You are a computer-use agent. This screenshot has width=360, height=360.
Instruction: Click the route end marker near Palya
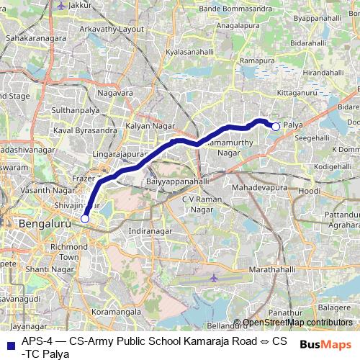(275, 127)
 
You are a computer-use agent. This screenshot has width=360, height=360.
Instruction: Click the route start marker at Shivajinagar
(85, 218)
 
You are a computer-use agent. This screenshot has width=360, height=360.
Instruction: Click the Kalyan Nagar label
(146, 125)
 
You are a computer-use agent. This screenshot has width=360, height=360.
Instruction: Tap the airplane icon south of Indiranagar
(213, 277)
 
